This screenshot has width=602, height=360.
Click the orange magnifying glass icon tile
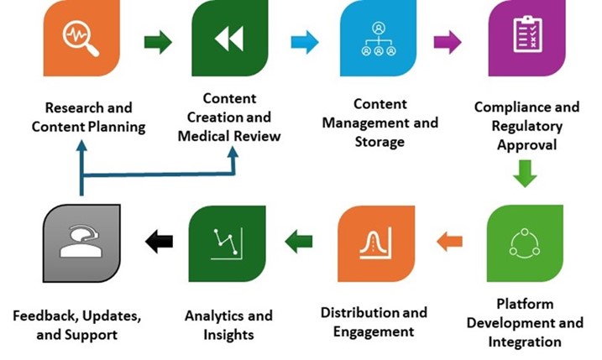click(81, 39)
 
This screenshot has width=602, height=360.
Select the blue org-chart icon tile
click(378, 39)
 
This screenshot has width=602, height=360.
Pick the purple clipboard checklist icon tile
click(525, 39)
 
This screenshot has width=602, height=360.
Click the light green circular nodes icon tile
click(525, 243)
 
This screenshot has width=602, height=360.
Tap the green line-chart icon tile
click(228, 243)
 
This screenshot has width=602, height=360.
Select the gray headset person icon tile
click(81, 243)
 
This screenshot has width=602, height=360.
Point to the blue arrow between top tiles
click(305, 41)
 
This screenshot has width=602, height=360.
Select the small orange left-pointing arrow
click(450, 243)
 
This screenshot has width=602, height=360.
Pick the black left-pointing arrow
click(158, 243)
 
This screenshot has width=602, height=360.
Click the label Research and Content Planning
click(88, 117)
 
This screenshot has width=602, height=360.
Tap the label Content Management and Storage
click(380, 123)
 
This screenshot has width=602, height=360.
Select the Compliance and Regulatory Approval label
click(526, 126)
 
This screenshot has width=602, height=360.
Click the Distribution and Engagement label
click(374, 322)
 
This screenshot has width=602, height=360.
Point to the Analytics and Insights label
click(228, 326)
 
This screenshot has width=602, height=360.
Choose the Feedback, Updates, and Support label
click(76, 326)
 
